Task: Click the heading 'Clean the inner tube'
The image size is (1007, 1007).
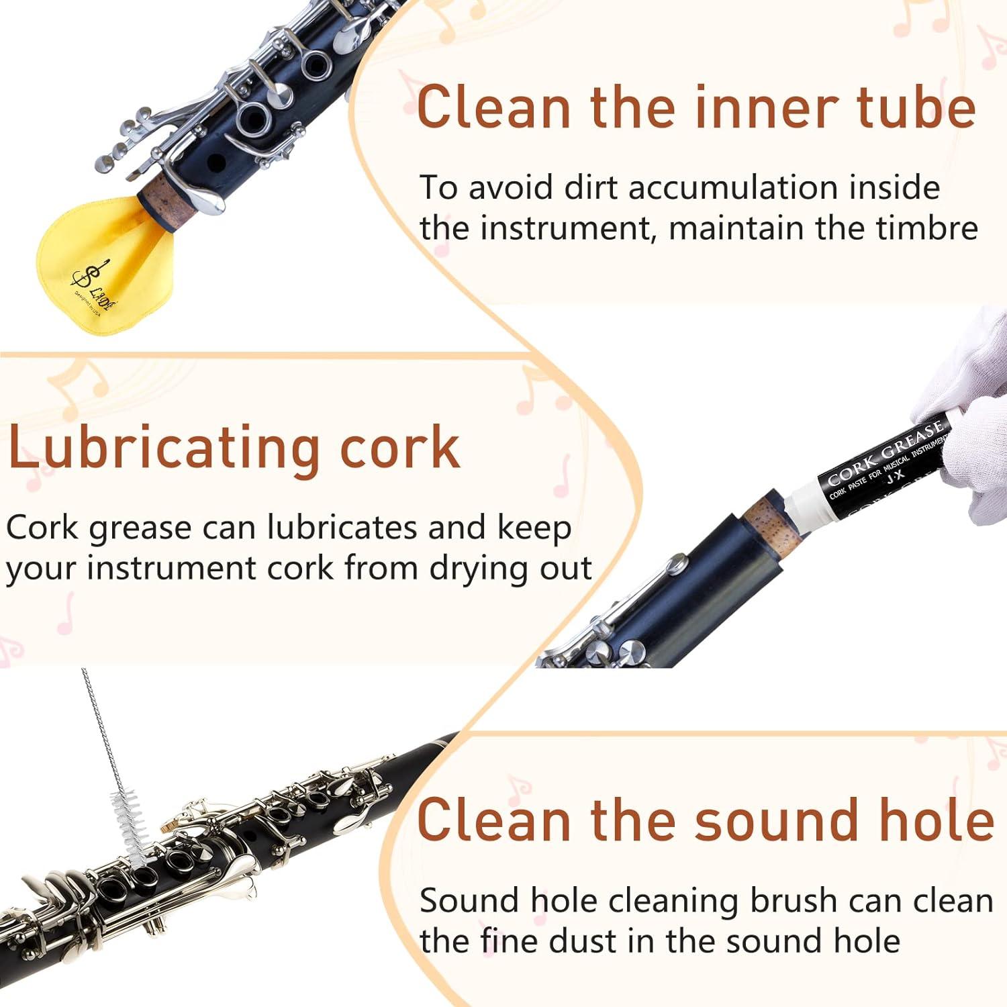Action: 696,107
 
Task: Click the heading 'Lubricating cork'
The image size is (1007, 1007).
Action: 234,448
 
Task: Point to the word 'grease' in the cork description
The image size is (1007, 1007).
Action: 140,528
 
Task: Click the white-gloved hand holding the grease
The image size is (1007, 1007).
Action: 973,416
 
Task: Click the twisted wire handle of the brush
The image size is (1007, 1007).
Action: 101,732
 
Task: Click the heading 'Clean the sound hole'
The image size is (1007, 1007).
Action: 705,820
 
